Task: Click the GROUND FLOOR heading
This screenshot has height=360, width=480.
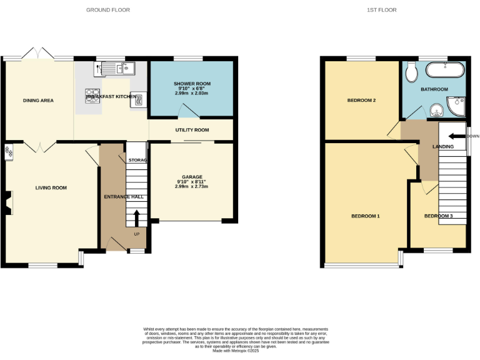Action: point(103,10)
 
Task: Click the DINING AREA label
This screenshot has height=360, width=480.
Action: point(38,100)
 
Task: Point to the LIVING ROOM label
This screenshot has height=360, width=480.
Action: point(51,187)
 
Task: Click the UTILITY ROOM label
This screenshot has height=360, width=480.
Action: point(191,130)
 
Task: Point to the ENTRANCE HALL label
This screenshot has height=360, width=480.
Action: point(124,196)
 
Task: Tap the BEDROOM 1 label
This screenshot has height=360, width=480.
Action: point(366,216)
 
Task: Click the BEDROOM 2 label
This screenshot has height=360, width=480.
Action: point(361,100)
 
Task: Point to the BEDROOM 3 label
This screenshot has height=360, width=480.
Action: point(438,216)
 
